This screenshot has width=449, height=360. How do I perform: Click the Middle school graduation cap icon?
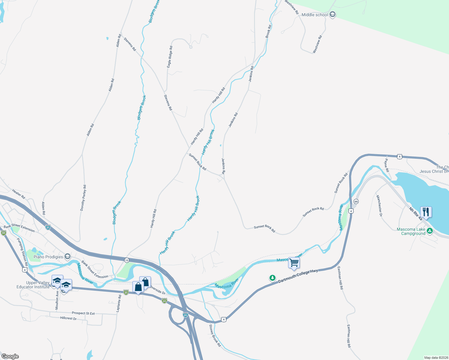(x=332, y=15)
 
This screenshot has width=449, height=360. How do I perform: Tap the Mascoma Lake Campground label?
(x=411, y=231)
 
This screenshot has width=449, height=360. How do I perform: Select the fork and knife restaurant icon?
(x=426, y=212)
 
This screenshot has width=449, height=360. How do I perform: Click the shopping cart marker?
(x=294, y=263)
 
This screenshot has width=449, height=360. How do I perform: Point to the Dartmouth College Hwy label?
(x=298, y=276)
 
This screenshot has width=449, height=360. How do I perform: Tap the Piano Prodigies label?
(x=48, y=257)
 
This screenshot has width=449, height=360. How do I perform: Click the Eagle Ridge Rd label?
(x=170, y=56)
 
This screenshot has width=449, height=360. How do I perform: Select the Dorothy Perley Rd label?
(x=83, y=198)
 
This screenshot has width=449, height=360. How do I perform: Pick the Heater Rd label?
(x=19, y=194)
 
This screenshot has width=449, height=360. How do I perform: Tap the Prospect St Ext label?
(x=83, y=313)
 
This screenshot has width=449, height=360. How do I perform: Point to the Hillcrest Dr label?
(x=68, y=318)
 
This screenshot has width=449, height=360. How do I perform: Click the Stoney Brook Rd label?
(x=215, y=336)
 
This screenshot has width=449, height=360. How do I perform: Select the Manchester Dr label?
(x=379, y=206)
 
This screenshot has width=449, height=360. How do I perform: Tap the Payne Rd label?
(x=387, y=165)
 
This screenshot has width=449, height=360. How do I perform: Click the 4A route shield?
(x=356, y=202)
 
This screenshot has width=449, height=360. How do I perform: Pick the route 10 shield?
(x=127, y=260)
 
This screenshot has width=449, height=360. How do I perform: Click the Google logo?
(x=10, y=356)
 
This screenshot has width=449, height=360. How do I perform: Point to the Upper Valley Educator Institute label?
(x=33, y=285)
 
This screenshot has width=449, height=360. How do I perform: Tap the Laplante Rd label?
(x=119, y=302)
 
